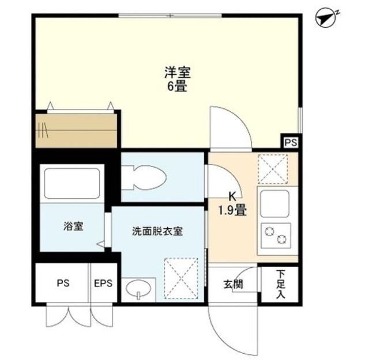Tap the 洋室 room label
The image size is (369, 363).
pos(177,73)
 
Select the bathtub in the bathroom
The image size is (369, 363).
pos(71,183)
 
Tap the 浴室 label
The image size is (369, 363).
pos(73,226)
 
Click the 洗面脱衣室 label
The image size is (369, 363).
pos(157,231)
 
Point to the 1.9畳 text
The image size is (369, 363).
pos(232,211)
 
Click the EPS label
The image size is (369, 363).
pos(103,283)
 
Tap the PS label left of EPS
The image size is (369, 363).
pos(63,283)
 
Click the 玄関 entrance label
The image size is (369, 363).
pos(233,284)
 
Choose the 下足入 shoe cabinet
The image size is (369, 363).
pos(280,284)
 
